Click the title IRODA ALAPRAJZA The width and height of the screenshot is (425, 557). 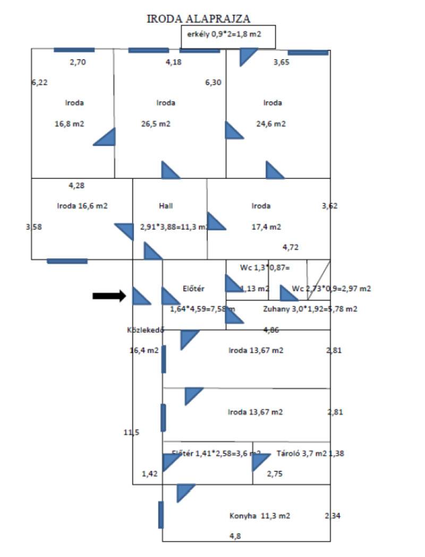point(199,19)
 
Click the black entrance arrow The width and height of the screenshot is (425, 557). point(109,296)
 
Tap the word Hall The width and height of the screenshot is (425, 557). point(166,206)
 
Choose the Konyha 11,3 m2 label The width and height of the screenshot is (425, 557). point(260,515)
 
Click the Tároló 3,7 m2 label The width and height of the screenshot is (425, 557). point(302,453)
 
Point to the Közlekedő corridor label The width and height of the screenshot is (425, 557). point(144,329)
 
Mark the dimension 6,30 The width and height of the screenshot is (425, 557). point(214,82)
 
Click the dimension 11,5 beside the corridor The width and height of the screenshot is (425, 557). point(131,432)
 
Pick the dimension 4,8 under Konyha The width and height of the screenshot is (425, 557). point(234,536)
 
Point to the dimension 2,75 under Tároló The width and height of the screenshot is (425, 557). point(275,473)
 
